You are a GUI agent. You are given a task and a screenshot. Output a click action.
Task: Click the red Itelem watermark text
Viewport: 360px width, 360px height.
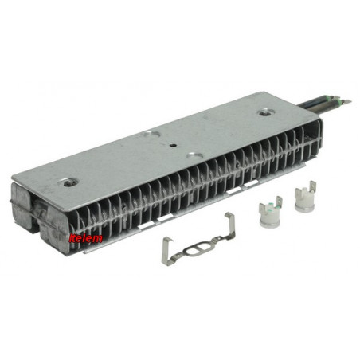tap(85, 238)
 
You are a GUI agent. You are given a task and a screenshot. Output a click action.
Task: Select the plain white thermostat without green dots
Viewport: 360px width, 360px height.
tap(305, 197)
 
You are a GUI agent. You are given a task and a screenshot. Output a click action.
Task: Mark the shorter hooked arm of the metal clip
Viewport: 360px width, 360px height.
tap(166, 251)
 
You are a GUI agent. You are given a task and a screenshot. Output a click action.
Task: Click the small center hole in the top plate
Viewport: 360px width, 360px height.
tap(173, 145)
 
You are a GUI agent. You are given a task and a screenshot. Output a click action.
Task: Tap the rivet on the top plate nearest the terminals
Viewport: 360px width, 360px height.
tap(265, 113)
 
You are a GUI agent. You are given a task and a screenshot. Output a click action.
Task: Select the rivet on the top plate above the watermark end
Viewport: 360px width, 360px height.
tap(71, 182)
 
